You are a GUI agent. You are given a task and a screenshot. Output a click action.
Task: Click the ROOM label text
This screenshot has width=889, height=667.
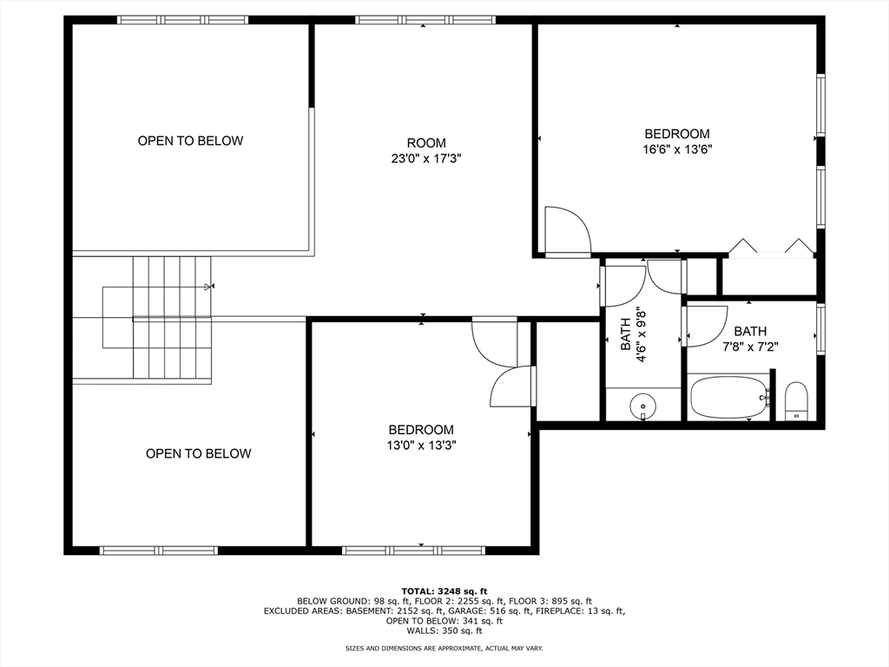click(426, 143)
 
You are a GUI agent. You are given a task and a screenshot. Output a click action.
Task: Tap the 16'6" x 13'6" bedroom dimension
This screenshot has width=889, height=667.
click(677, 149)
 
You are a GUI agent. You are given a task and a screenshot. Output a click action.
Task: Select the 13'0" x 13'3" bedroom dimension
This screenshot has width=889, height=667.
click(421, 446)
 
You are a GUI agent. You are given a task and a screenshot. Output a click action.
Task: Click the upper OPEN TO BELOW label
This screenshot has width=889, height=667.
click(190, 141)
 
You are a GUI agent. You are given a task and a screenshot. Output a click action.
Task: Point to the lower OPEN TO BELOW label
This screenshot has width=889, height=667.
click(199, 453)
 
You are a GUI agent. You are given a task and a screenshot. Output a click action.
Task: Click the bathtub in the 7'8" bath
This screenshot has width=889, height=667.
click(728, 397)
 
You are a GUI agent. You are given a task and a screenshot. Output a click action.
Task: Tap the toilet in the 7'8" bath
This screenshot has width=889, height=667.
click(797, 401)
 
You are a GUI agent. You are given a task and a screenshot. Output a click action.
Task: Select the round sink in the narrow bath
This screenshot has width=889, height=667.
click(643, 406)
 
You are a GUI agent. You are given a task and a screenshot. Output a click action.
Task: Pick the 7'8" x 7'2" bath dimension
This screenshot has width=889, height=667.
click(750, 347)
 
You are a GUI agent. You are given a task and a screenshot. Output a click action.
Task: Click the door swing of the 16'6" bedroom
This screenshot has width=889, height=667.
click(568, 229)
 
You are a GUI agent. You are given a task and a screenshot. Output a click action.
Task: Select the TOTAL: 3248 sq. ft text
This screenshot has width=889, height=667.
click(444, 591)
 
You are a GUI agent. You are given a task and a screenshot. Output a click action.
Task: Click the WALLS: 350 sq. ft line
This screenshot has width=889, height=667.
click(444, 631)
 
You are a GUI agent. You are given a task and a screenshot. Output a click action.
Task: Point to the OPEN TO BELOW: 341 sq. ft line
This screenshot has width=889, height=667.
click(444, 621)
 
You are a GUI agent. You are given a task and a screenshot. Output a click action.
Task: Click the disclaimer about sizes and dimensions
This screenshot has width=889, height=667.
click(444, 648)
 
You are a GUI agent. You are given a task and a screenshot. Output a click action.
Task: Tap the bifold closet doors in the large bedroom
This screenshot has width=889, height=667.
click(771, 248)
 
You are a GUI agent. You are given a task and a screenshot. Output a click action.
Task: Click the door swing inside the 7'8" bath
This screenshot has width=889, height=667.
click(707, 327)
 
